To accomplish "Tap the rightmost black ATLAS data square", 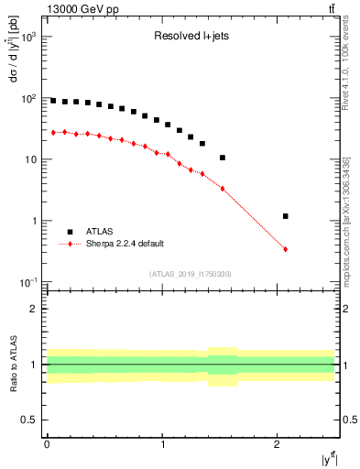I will point(286,216).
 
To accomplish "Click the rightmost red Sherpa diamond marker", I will point(286,249).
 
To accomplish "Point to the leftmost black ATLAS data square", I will point(53,101).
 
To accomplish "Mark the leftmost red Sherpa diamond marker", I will point(53,133).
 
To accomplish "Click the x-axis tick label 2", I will point(278,444).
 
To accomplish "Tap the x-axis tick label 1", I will point(162,444).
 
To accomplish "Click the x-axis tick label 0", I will point(47,444).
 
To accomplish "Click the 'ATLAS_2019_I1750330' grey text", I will point(191,274).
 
